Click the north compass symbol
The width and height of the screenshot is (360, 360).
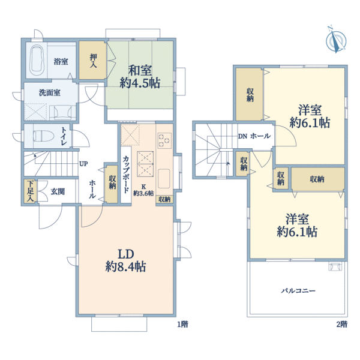tap(336, 40)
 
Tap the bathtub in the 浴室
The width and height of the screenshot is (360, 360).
tap(37, 61)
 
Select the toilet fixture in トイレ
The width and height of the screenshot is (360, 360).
tap(43, 136)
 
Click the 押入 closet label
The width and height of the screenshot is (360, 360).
tap(93, 61)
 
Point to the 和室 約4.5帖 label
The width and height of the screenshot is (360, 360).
tap(140, 76)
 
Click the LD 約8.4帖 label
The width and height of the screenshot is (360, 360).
tap(125, 260)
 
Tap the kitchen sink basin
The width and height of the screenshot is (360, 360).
tap(164, 179)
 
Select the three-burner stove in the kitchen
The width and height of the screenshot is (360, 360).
tap(164, 140)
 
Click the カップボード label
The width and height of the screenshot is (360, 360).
tap(126, 174)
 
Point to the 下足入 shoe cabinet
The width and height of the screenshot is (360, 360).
tap(30, 191)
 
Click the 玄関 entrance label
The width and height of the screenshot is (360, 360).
tap(58, 191)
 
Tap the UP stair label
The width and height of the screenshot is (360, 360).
tap(83, 164)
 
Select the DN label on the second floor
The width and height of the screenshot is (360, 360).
tap(242, 136)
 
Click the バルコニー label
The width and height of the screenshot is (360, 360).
tap(298, 290)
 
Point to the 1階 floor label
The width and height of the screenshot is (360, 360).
tap(182, 324)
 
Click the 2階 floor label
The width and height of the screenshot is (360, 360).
tap(342, 324)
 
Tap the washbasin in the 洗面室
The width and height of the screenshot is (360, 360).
tap(62, 112)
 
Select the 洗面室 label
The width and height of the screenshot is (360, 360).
tap(50, 93)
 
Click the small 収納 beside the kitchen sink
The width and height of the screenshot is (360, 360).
tap(164, 199)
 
